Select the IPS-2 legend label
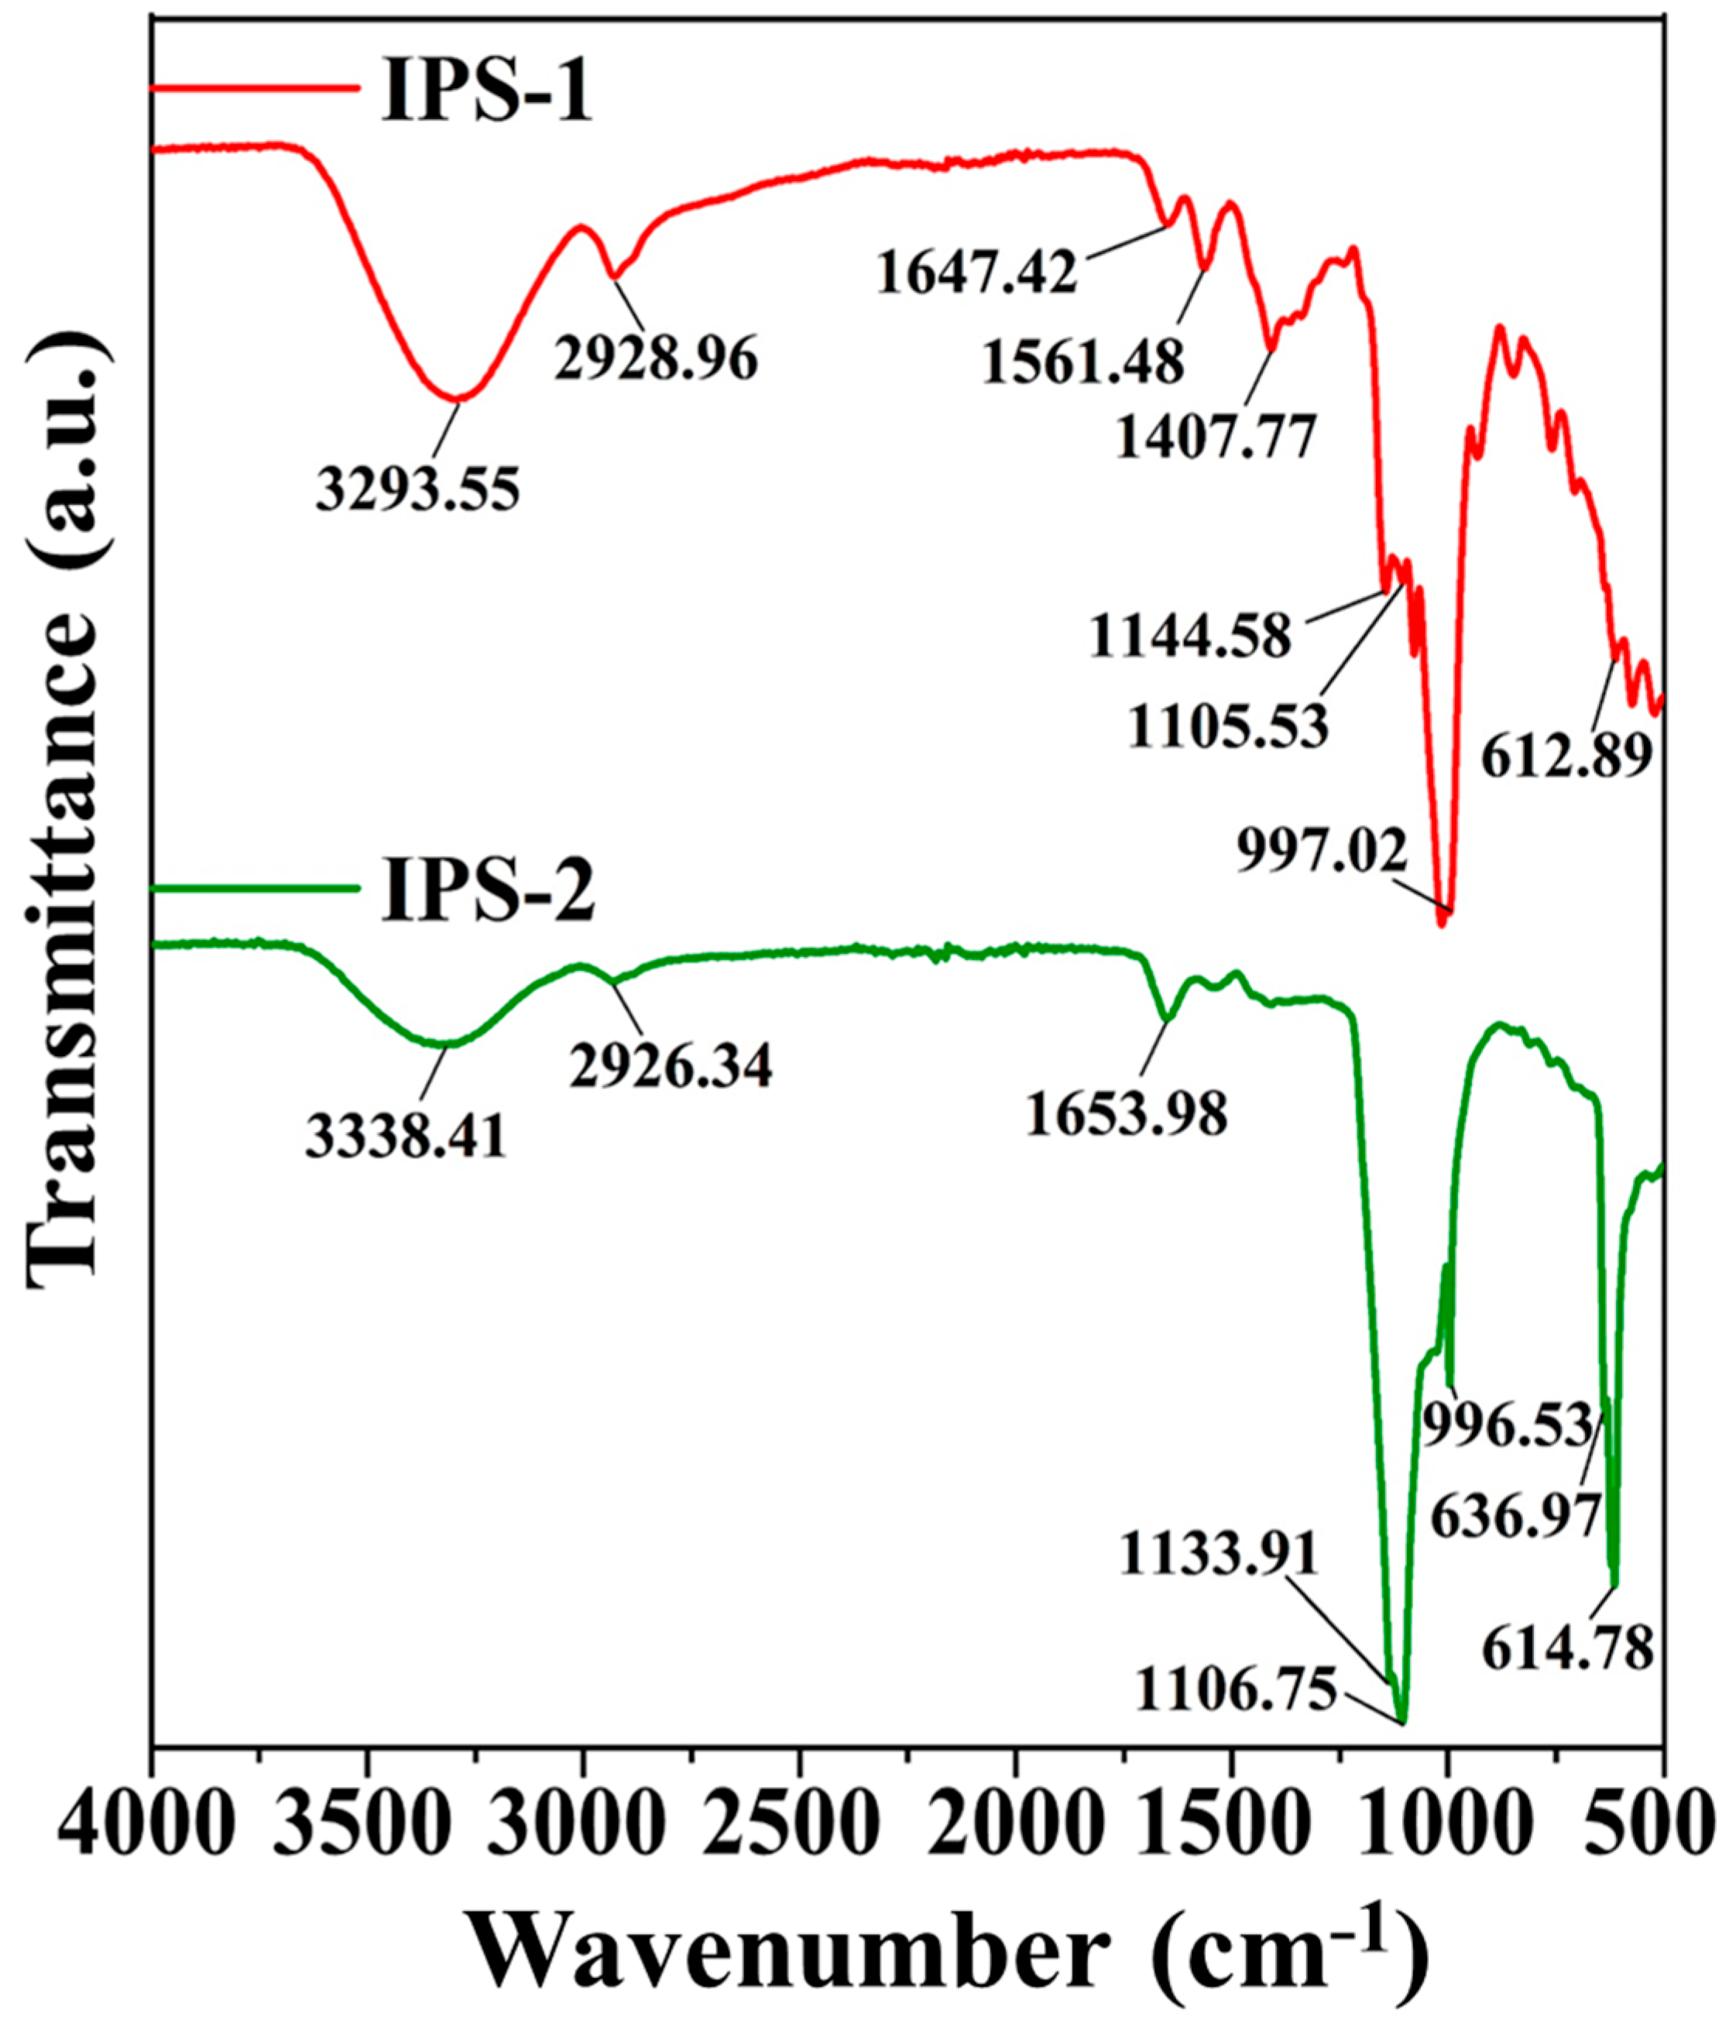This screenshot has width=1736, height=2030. click(487, 892)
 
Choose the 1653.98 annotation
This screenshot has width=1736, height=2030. click(1127, 1114)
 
